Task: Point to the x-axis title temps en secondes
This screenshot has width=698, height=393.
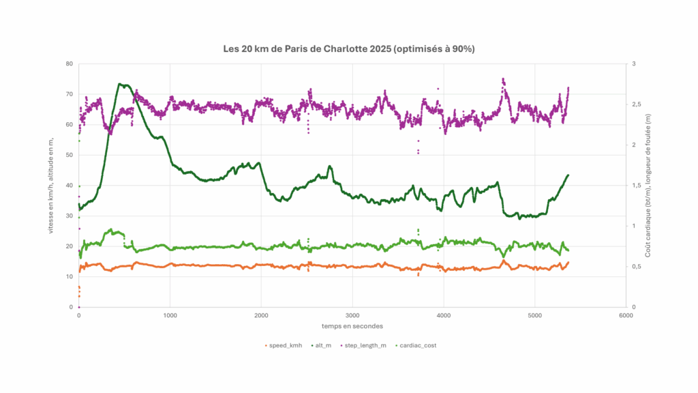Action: click(x=352, y=326)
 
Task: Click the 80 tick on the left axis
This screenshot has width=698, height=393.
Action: click(x=69, y=64)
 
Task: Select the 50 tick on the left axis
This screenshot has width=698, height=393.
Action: click(x=69, y=155)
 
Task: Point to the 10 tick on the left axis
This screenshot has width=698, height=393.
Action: click(x=69, y=277)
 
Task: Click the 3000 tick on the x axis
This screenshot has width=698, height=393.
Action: click(x=352, y=315)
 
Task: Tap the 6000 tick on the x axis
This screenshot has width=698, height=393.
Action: click(x=625, y=315)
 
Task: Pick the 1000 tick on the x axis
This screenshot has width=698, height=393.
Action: click(x=170, y=315)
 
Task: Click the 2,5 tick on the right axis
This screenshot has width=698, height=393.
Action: click(x=637, y=104)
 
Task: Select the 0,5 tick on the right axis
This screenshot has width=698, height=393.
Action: click(x=637, y=267)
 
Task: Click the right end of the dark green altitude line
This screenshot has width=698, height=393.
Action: click(x=568, y=175)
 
